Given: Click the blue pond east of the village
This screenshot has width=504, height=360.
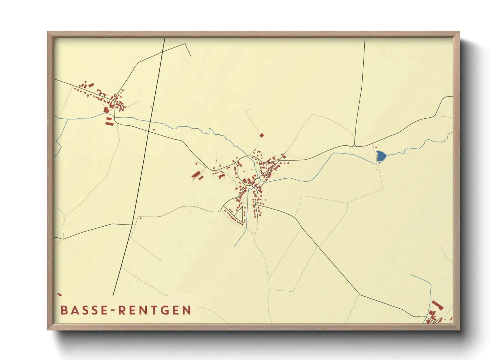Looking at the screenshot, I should click(381, 156).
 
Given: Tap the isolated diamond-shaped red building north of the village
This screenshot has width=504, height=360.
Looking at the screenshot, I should click(262, 135).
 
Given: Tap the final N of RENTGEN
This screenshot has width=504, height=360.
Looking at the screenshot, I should click(187, 310).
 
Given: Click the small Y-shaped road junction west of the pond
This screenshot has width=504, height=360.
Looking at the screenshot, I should click(355, 145).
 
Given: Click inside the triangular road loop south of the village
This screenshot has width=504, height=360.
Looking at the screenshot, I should click(238, 212).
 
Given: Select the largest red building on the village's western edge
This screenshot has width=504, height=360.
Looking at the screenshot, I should click(195, 175).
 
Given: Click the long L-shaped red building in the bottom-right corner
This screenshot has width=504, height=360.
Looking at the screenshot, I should click(438, 305).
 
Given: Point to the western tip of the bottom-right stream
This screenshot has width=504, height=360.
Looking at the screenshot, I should click(411, 275).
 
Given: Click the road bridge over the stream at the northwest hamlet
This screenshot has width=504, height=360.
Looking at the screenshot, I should click(114, 117).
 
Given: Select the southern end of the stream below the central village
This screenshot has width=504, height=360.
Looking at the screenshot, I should click(235, 246).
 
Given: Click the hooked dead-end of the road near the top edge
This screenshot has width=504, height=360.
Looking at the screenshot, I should click(190, 56).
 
